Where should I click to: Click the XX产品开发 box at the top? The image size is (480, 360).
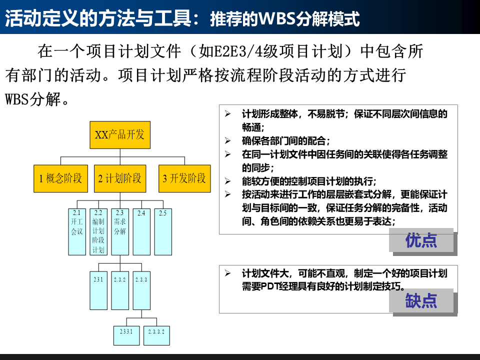click(x=120, y=134)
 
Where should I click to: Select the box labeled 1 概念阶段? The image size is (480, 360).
click(x=60, y=178)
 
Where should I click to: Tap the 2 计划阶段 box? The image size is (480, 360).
click(x=120, y=178)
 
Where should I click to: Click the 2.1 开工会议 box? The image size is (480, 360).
click(x=77, y=231)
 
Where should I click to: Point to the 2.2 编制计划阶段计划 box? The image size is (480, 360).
click(x=98, y=231)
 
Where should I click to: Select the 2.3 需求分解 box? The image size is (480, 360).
click(x=120, y=231)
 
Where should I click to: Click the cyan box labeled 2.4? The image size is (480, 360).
click(x=141, y=231)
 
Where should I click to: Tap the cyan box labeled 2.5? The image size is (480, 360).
click(x=163, y=231)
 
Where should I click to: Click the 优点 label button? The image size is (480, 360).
click(x=421, y=240)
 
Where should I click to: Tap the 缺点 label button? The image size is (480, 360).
click(x=421, y=300)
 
